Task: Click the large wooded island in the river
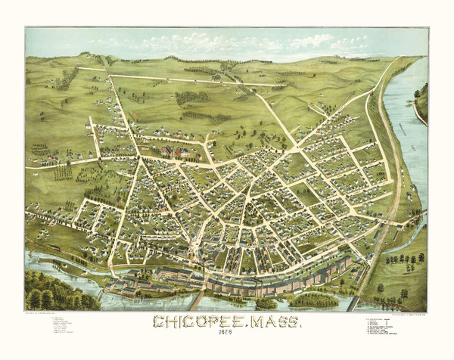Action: [x=313, y=300]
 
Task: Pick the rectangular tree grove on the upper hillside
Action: [x=192, y=98]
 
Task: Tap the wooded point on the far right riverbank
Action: [x=421, y=98]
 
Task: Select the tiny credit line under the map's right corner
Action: [x=393, y=312]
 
